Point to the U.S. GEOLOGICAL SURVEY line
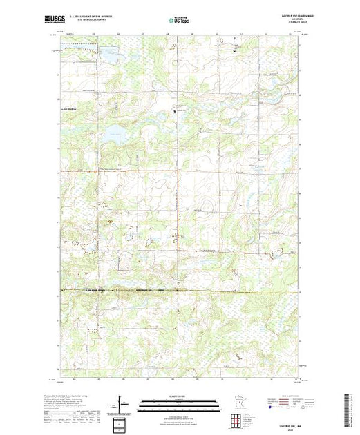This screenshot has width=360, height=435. (97, 19)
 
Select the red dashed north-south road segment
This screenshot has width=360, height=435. (177, 207)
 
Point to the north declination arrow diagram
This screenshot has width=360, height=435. (122, 404)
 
